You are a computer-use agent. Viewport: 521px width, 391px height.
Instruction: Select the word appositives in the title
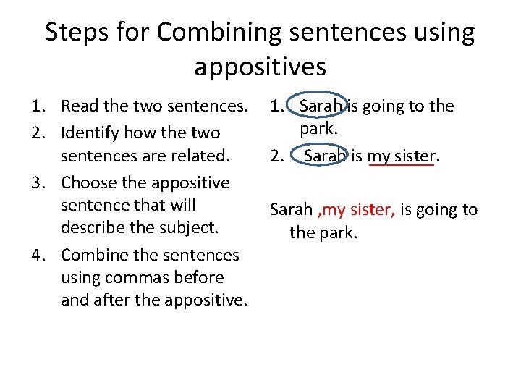coord(260,67)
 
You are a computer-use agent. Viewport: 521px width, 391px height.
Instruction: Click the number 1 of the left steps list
coord(35,106)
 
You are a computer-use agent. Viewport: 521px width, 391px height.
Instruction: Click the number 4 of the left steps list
coord(35,255)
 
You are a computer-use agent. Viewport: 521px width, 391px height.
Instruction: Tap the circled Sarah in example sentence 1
coord(321,106)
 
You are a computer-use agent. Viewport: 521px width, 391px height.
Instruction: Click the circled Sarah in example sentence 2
coord(325,156)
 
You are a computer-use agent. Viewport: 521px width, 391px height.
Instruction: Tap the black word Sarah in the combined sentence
coord(290,210)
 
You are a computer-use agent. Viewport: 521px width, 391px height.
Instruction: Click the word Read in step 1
coord(80,106)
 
